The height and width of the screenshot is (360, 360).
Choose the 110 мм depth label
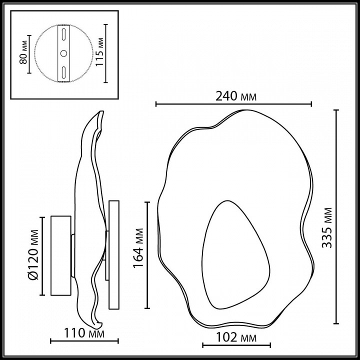coord(84,333)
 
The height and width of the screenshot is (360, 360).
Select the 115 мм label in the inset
coord(101,53)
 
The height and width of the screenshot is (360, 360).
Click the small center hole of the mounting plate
coord(63,53)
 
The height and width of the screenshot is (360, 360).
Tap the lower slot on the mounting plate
coord(63,71)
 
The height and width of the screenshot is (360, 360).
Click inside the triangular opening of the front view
coord(230,260)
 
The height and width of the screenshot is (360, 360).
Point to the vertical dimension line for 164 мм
coord(147,255)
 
